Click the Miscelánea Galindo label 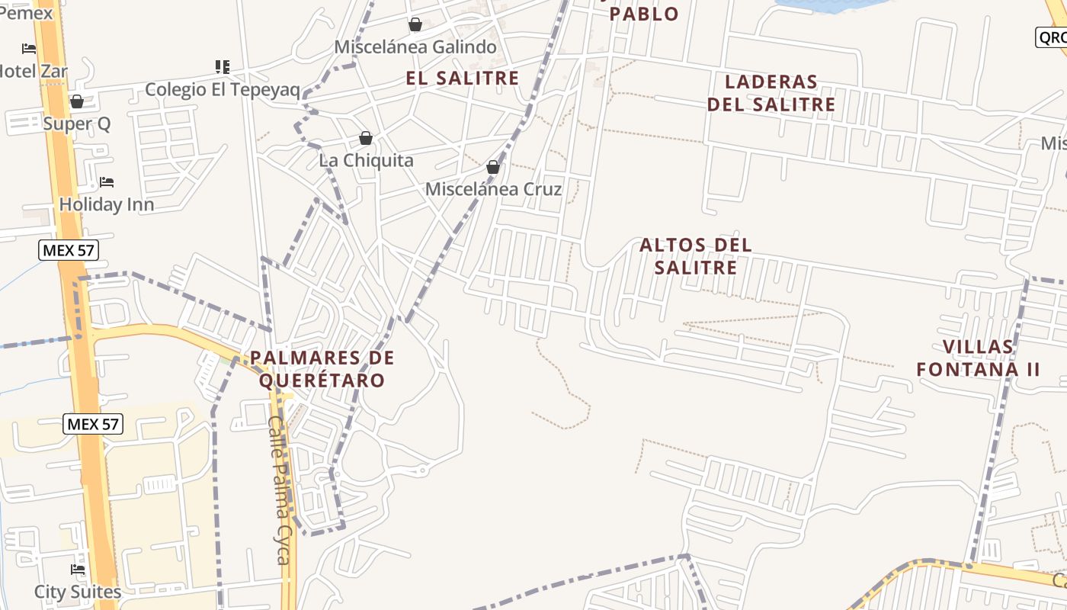[x=415, y=47]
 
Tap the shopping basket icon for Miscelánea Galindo [x=415, y=25]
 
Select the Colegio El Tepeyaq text [x=223, y=89]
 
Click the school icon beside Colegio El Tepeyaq [x=223, y=67]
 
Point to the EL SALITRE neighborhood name [x=463, y=78]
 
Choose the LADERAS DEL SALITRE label [x=771, y=93]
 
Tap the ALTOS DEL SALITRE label [x=695, y=256]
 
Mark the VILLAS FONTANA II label [x=979, y=358]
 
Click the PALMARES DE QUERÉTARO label [x=322, y=368]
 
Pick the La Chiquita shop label [x=366, y=160]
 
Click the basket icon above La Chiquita [x=366, y=138]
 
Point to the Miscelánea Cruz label [x=493, y=189]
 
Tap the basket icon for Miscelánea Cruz [x=493, y=167]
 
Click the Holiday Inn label [x=107, y=204]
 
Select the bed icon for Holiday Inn [x=107, y=182]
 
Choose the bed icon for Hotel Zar [x=29, y=49]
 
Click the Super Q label [x=77, y=124]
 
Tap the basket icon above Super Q [x=77, y=101]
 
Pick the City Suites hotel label [x=78, y=592]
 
